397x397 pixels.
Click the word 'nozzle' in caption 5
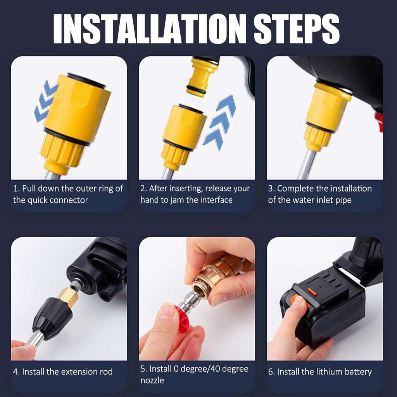click(152, 380)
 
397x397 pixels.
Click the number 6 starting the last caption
click(271, 372)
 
